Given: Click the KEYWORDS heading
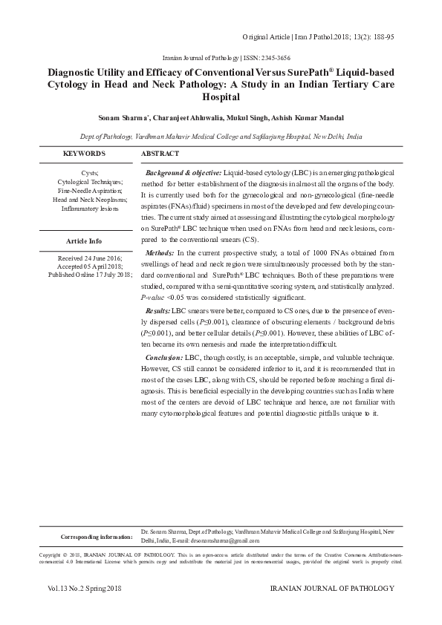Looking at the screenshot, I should point(84,154).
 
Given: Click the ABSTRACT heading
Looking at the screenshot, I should point(160,154).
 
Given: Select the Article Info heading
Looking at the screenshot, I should point(84,242).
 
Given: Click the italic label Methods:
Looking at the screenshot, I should point(160,253).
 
